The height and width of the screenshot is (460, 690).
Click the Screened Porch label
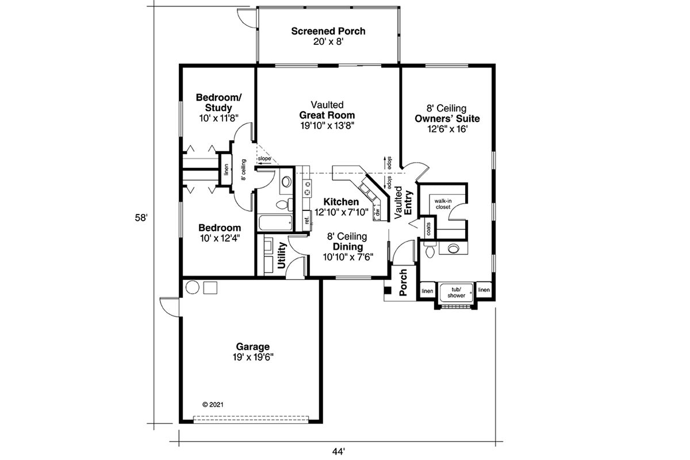click(328, 31)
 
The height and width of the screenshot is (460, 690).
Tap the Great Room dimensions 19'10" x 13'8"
click(327, 126)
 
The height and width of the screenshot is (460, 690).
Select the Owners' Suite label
click(447, 118)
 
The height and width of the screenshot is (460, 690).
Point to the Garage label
click(253, 347)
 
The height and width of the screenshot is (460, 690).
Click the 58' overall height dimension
click(141, 218)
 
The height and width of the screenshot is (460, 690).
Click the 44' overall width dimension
click(339, 452)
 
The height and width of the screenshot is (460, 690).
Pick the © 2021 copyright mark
click(213, 405)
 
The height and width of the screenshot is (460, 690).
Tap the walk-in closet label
click(443, 204)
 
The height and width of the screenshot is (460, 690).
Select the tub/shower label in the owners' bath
click(456, 293)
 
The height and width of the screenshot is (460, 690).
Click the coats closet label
click(428, 229)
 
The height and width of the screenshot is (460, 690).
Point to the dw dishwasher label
click(378, 212)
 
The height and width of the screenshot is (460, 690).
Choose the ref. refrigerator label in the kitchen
click(307, 220)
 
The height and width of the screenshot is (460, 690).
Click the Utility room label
click(282, 255)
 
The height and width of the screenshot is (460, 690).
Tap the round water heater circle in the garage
click(193, 287)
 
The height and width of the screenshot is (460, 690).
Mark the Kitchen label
click(341, 202)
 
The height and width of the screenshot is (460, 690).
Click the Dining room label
click(348, 247)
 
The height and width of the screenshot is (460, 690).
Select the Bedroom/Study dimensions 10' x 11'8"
click(218, 118)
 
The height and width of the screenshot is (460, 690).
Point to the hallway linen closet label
click(227, 170)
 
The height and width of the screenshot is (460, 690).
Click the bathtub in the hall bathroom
click(275, 223)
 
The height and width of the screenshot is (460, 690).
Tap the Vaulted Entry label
click(403, 202)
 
